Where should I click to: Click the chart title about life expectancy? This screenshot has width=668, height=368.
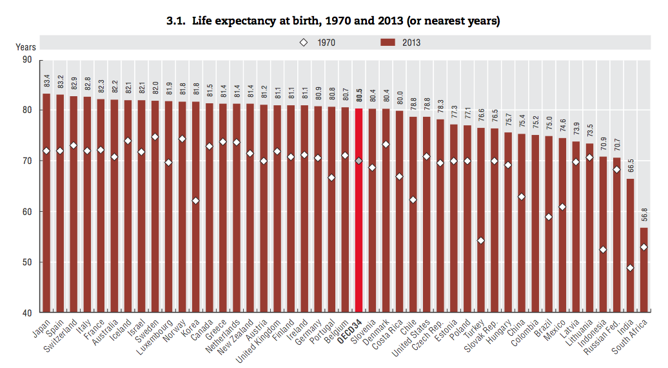click(333, 21)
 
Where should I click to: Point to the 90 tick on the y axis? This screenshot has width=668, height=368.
click(32, 59)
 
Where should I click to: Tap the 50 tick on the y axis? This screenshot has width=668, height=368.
click(32, 262)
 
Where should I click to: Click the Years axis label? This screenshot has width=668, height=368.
click(26, 46)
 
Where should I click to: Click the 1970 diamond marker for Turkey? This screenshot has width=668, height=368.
click(480, 241)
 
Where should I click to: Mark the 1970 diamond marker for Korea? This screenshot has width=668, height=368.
click(195, 201)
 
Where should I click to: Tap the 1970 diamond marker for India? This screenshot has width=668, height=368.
click(630, 268)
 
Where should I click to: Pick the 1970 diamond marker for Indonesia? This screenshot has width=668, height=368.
click(603, 250)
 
